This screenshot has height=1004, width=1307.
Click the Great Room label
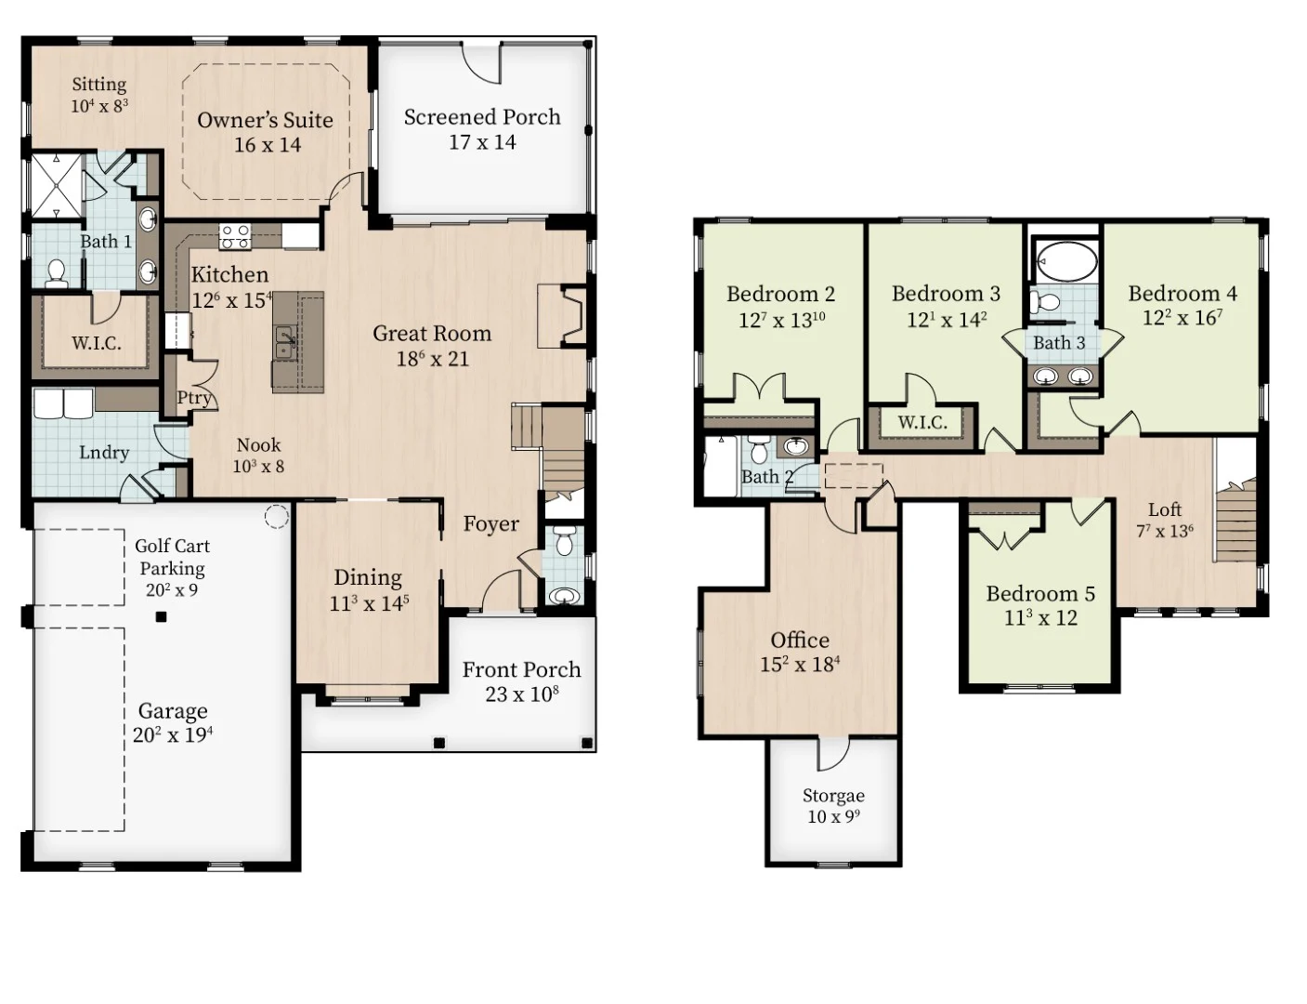(x=432, y=334)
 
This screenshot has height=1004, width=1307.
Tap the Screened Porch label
(x=482, y=117)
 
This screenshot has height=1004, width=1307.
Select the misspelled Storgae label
(x=833, y=796)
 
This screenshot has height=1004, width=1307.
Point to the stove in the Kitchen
(x=235, y=236)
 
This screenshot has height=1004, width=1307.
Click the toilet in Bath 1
(x=56, y=271)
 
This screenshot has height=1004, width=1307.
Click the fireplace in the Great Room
(x=561, y=317)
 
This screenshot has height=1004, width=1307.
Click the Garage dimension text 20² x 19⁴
(x=173, y=735)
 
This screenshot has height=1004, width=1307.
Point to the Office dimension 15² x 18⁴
(x=800, y=665)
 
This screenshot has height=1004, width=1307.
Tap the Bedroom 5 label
(x=1040, y=593)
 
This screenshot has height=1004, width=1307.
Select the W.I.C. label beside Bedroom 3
(x=922, y=423)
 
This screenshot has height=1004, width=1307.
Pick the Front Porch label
(x=521, y=670)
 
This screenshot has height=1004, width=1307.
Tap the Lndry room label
(x=104, y=453)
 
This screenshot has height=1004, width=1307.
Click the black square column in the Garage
(x=161, y=616)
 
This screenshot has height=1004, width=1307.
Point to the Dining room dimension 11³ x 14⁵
(x=370, y=603)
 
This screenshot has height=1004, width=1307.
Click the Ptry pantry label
(x=193, y=398)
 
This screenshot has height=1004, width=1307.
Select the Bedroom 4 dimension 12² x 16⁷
(x=1183, y=318)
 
